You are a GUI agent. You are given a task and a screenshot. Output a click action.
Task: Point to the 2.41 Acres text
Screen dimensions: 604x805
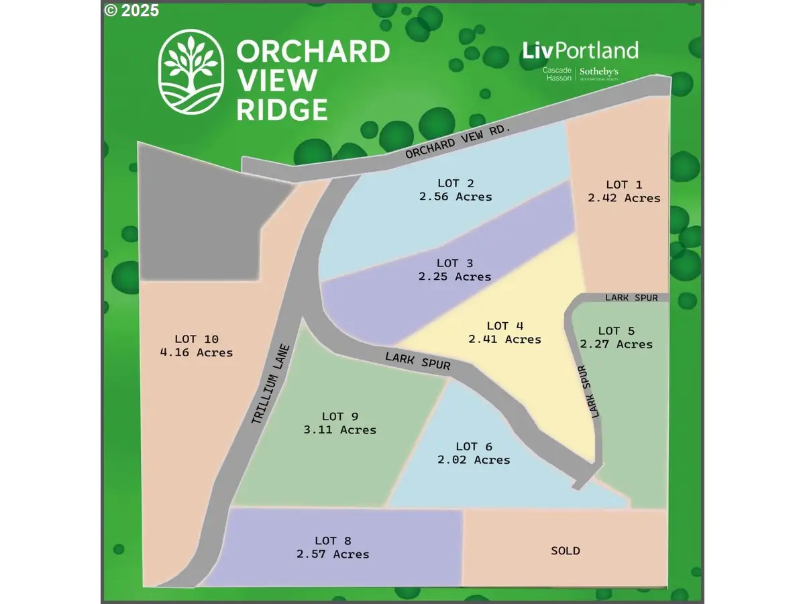click(504, 340)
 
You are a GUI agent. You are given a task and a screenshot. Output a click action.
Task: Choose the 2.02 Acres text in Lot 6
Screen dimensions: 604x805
click(474, 460)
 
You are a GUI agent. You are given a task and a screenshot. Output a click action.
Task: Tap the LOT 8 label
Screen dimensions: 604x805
click(333, 541)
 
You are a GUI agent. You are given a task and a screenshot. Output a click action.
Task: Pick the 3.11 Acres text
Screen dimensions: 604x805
click(340, 430)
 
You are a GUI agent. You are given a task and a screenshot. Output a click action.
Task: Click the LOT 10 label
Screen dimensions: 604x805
click(197, 339)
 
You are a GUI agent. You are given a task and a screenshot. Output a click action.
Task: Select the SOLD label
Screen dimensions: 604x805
click(565, 551)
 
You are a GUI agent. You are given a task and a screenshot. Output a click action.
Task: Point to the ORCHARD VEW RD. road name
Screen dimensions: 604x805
click(458, 140)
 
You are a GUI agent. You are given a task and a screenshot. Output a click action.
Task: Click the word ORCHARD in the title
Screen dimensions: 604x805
click(313, 51)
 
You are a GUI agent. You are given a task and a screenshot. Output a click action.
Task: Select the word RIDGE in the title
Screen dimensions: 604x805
click(282, 109)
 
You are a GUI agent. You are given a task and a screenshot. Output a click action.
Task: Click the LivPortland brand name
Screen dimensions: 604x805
click(580, 50)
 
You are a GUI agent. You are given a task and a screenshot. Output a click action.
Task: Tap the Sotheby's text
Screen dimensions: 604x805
click(598, 70)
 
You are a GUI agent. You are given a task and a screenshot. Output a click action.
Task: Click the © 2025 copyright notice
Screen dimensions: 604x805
click(132, 10)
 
